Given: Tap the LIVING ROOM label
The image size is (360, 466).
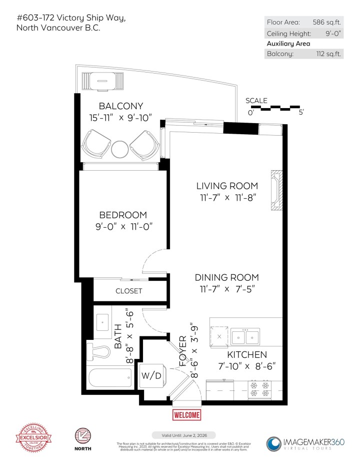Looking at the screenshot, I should [226, 186].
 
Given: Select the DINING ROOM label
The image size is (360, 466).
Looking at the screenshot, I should [226, 277].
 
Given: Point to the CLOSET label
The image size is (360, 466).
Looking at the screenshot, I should [129, 291].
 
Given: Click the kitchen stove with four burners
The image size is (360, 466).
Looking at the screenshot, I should [260, 389].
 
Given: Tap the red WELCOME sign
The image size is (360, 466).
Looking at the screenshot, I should [186, 415].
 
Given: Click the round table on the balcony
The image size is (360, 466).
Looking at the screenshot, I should [120, 149].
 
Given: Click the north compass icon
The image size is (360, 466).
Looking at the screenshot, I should [82, 436].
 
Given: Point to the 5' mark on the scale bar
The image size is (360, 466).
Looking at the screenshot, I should [300, 113].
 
